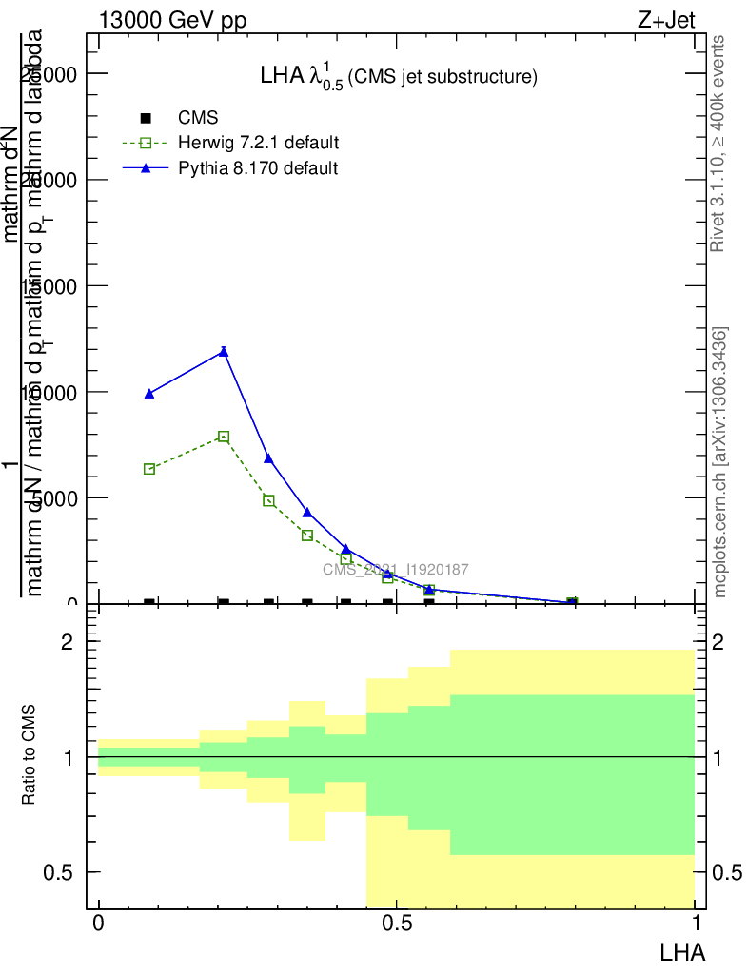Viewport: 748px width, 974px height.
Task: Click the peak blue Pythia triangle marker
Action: tap(224, 352)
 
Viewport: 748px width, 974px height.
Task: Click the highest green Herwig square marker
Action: tap(224, 437)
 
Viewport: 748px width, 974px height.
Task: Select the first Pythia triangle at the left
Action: tap(149, 393)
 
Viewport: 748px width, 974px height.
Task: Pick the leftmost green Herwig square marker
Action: tap(149, 469)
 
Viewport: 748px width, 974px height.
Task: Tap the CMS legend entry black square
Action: tap(146, 118)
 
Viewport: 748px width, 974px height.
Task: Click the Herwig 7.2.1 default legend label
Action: tap(258, 143)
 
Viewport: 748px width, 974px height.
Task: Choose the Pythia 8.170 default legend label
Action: tap(257, 168)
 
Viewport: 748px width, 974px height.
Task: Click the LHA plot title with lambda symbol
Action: tap(399, 76)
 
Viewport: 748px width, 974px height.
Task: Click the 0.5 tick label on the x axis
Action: tap(396, 924)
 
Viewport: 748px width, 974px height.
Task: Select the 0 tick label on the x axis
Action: tap(98, 924)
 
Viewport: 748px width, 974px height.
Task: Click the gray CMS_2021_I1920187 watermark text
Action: tap(395, 569)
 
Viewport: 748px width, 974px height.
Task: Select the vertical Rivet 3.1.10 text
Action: tap(718, 143)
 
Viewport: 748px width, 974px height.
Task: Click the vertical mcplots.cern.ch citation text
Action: tap(720, 461)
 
